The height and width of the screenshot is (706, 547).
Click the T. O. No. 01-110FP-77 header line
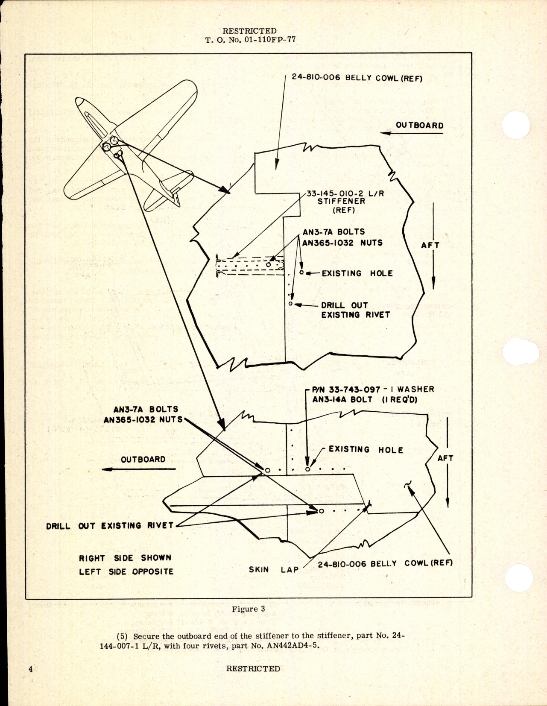point(250,40)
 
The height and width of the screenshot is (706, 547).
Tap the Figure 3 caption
point(248,609)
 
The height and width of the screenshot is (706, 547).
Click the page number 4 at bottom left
point(31,669)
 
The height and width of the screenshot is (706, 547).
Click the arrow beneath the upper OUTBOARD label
point(412,133)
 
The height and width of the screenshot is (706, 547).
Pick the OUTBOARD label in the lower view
point(143,460)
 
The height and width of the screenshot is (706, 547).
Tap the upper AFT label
point(430,245)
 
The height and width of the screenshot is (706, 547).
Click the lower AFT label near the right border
point(445,458)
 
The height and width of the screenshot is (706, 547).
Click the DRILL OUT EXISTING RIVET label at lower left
point(110,526)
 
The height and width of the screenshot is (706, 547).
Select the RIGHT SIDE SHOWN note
point(125,558)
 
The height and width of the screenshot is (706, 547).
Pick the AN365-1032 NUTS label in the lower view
point(143,419)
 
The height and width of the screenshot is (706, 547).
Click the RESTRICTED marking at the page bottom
point(253,669)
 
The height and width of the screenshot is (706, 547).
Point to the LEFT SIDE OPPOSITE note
point(126,571)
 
